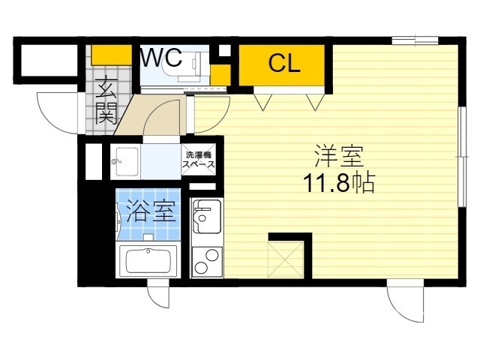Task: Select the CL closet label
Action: point(284,64)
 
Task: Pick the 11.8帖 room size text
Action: point(339,182)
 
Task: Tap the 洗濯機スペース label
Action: point(200,160)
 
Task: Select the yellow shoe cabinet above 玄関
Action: point(112,55)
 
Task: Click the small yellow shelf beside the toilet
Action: point(220,74)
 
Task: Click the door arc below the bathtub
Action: point(157,295)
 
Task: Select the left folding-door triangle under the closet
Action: point(262,100)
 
